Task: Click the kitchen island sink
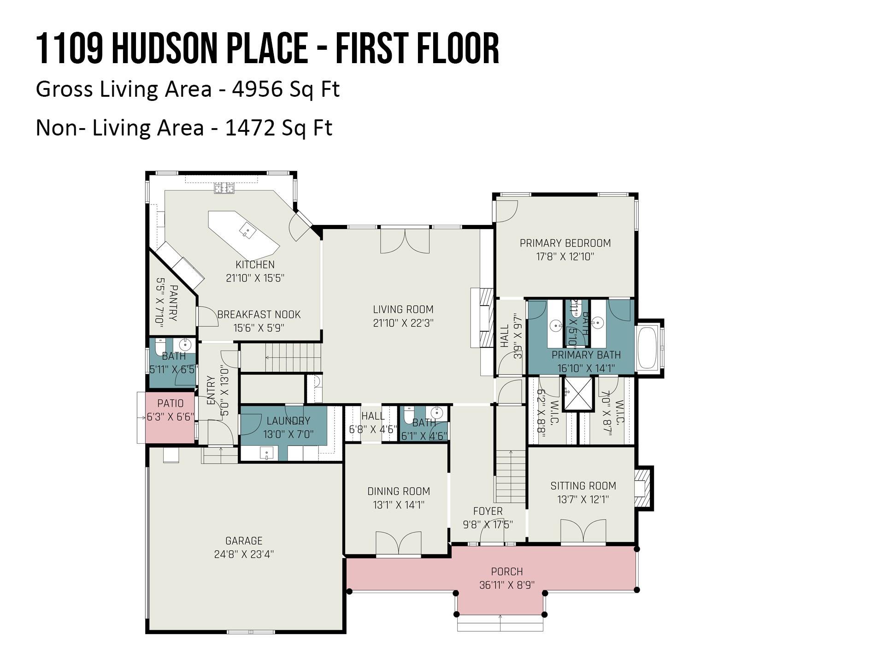click(x=247, y=230)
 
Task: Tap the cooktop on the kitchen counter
click(x=224, y=188)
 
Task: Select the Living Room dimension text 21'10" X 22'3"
click(x=403, y=323)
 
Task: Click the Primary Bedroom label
click(x=565, y=243)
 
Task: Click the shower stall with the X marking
click(x=578, y=394)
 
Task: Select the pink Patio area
click(x=170, y=418)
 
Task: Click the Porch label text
click(x=506, y=571)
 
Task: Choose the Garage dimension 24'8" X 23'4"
click(x=244, y=554)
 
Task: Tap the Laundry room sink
click(x=266, y=453)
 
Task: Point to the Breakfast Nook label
click(x=259, y=314)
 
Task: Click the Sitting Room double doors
click(x=583, y=531)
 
